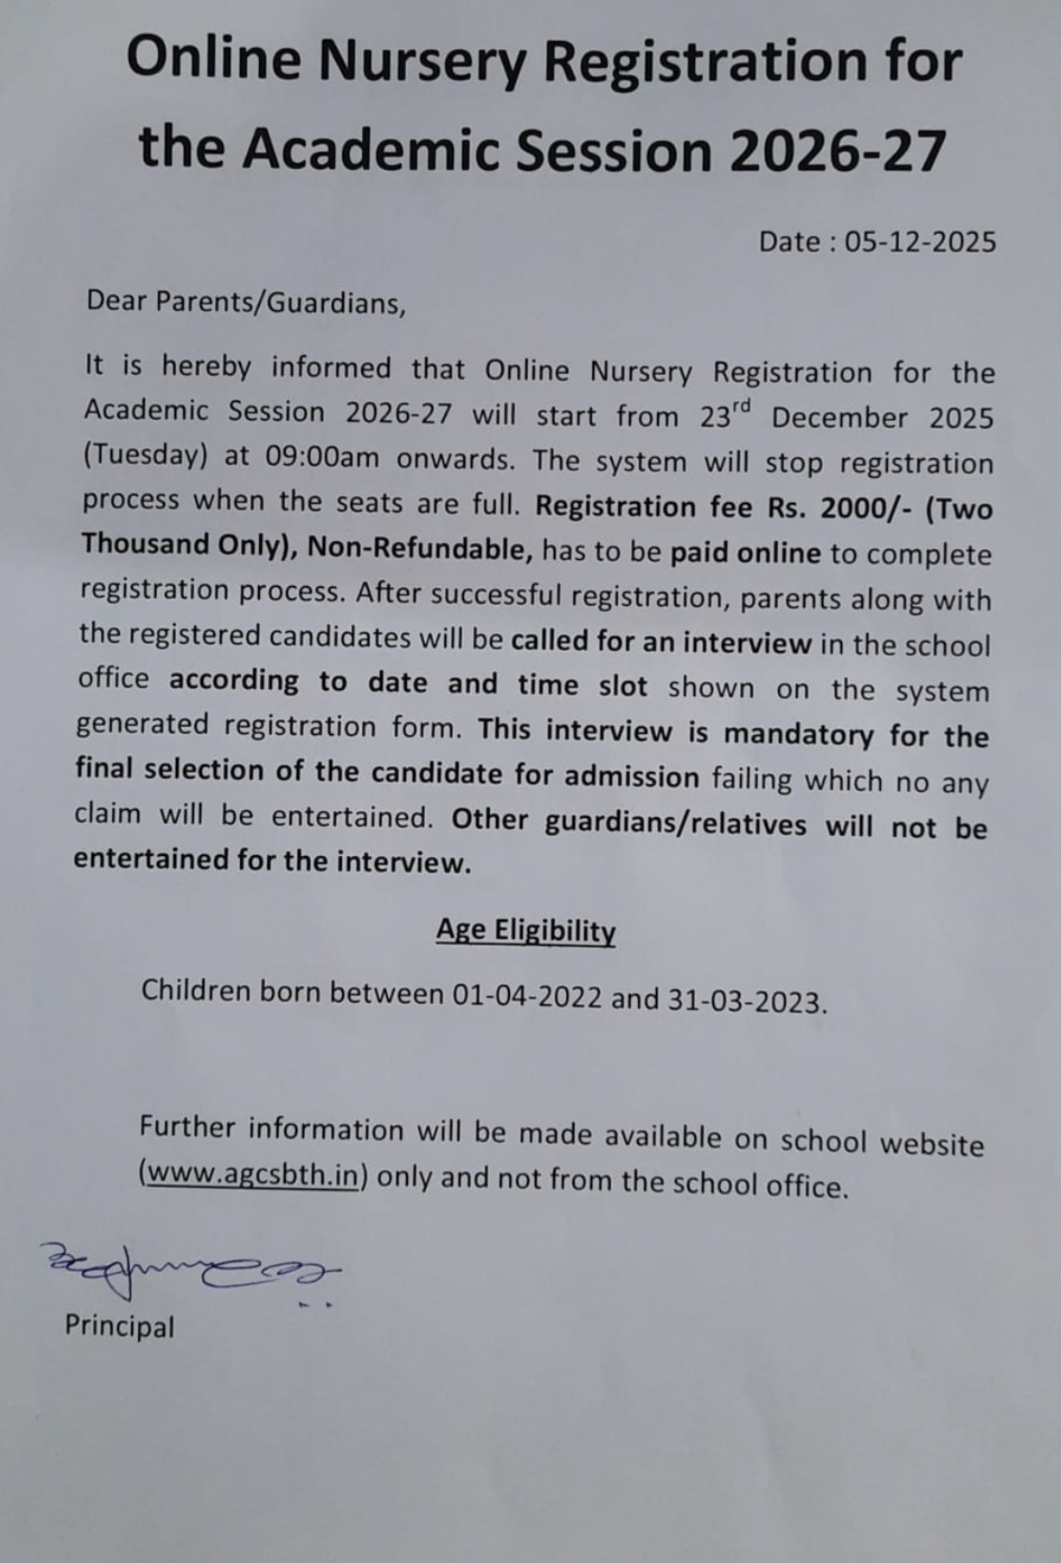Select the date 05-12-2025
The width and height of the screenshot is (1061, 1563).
(920, 242)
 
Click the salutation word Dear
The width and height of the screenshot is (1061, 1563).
(116, 300)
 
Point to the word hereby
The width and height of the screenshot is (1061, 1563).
(206, 367)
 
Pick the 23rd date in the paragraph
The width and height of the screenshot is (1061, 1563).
(724, 416)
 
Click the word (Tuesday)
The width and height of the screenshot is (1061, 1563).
(145, 455)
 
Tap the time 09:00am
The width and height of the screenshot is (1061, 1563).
(323, 457)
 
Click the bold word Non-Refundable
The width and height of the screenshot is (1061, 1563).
(420, 548)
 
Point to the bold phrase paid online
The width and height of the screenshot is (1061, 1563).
(746, 553)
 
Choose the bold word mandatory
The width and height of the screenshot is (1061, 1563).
(798, 734)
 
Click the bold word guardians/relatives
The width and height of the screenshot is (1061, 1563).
(676, 822)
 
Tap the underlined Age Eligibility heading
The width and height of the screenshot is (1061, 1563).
(526, 930)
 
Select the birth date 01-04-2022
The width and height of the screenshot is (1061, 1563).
(527, 995)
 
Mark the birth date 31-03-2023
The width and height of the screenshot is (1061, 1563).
(744, 999)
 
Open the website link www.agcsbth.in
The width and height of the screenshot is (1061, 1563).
(251, 1174)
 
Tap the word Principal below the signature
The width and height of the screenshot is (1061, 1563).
(119, 1326)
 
